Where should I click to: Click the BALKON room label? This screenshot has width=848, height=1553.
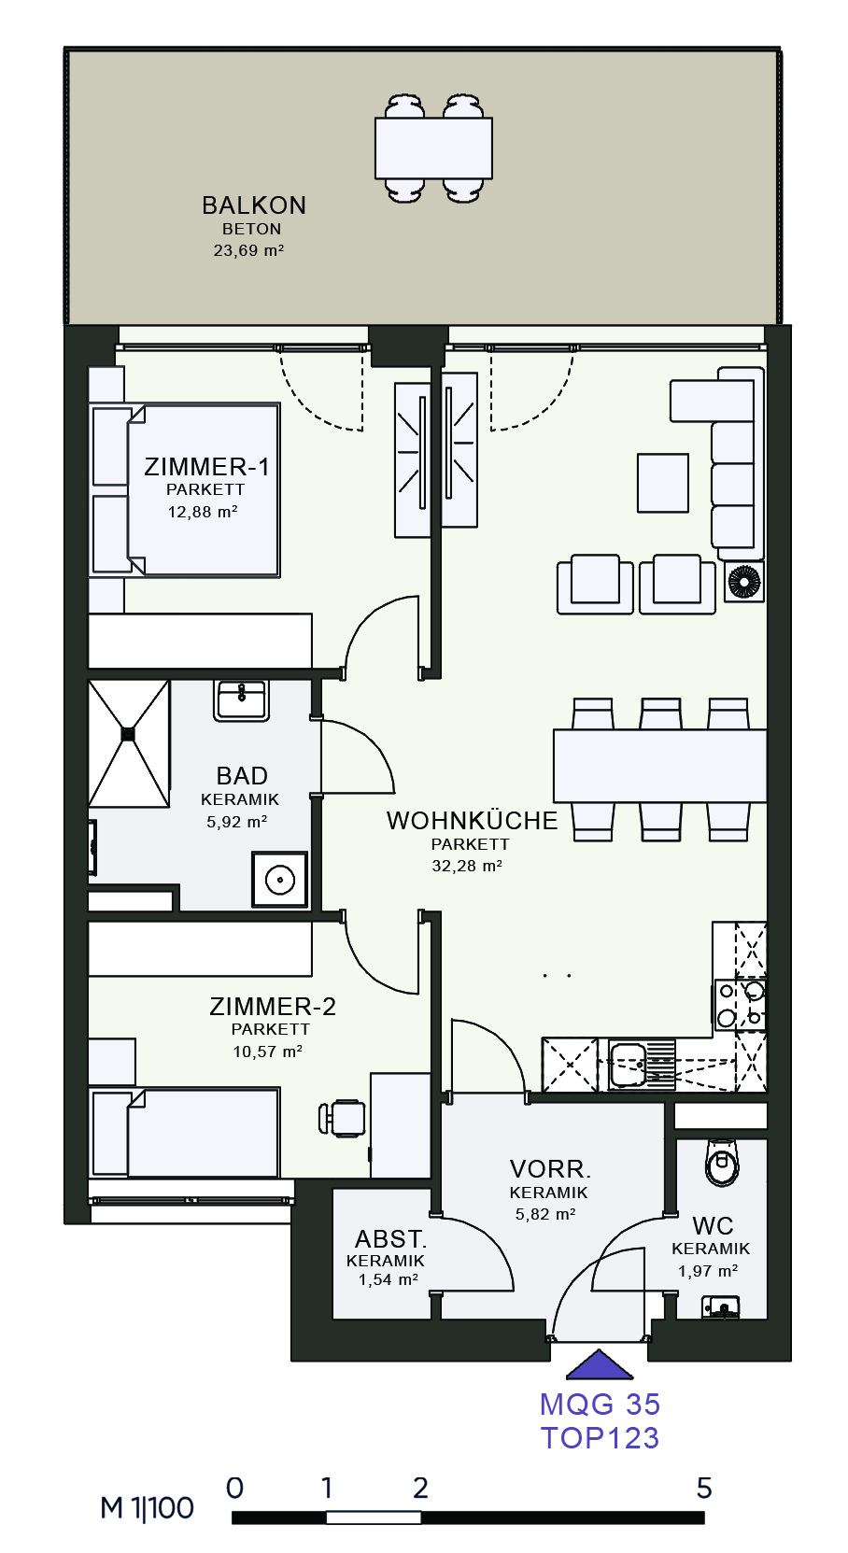tap(254, 205)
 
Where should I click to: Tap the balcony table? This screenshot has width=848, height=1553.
tap(433, 148)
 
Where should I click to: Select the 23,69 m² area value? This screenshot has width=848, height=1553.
tap(248, 250)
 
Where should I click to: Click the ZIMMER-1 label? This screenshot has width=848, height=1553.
tap(206, 467)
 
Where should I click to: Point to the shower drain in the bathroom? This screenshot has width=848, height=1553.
tap(129, 733)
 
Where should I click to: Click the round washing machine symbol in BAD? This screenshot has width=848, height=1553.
tap(279, 879)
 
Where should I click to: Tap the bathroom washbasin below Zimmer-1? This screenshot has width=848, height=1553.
tap(241, 699)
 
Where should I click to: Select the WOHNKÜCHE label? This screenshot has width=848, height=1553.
tap(472, 821)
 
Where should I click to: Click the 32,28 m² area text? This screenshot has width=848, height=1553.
tap(467, 866)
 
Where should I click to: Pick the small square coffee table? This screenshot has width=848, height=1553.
tap(663, 483)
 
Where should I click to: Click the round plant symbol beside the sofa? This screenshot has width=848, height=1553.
tap(743, 581)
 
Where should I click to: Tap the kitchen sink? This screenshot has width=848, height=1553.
tap(629, 1065)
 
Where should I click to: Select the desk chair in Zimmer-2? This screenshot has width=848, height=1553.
tap(342, 1118)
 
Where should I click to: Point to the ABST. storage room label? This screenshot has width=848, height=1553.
tap(390, 1239)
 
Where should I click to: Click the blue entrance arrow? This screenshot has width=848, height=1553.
tap(600, 1364)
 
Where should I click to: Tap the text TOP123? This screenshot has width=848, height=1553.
tap(600, 1438)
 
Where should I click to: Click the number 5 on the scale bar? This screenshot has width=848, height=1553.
tap(704, 1488)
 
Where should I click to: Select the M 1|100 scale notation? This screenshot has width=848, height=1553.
tap(147, 1508)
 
